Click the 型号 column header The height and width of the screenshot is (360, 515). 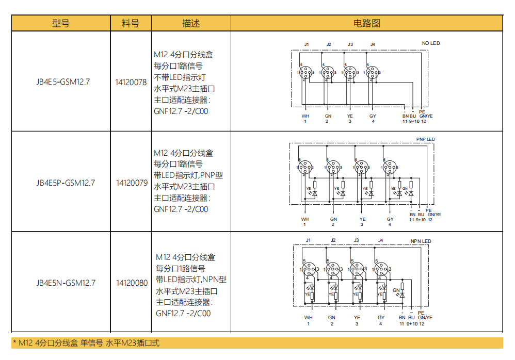coord(61,23)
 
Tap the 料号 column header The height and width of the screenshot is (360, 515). coord(131,23)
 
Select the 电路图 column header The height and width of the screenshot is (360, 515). coord(366,23)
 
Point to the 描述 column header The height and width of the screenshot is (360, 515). coord(190,23)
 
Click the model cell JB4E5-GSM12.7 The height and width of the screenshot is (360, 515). coord(63,81)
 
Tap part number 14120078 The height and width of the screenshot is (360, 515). coord(131,81)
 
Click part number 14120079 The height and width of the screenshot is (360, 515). coord(132,182)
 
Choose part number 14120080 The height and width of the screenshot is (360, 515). coord(132,283)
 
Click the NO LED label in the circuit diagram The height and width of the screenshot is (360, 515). coord(431,43)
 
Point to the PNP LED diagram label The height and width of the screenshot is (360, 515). coord(425,139)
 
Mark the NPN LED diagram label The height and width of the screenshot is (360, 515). coord(421,241)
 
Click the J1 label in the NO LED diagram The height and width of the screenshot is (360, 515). coord(306,44)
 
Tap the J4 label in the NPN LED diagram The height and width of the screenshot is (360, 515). coord(380,240)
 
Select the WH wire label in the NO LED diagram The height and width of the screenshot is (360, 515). coord(305,116)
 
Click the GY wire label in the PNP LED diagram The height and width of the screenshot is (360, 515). coord(390,219)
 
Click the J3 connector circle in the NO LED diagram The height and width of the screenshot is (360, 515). coord(350,73)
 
